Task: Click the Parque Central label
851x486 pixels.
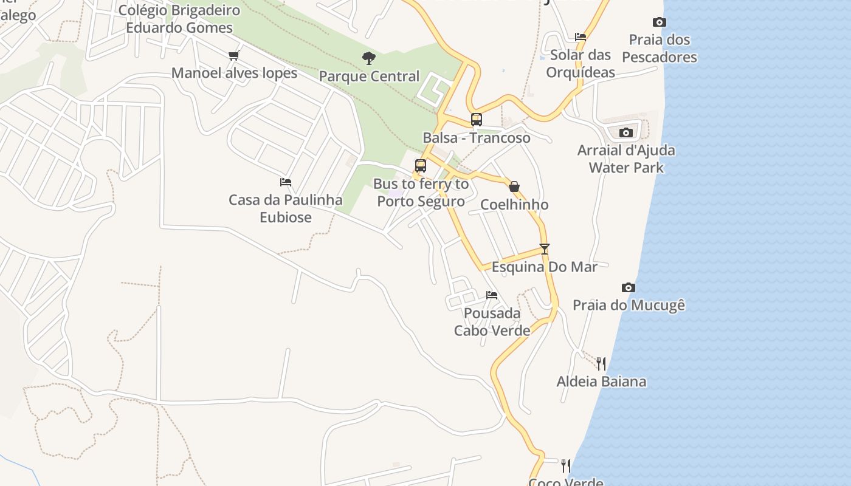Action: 369,77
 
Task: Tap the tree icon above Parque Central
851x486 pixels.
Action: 368,58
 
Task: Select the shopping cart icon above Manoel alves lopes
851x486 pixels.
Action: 234,56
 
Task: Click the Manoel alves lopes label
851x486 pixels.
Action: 234,74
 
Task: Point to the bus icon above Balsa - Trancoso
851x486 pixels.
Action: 477,120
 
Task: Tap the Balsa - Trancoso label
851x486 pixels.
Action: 477,138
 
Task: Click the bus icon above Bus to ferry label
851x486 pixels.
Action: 421,166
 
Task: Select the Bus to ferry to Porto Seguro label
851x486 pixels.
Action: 421,193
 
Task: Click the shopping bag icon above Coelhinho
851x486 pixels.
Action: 514,187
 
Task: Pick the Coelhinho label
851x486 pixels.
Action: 514,205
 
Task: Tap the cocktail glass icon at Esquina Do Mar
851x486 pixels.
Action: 545,249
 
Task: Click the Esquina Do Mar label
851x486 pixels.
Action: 544,267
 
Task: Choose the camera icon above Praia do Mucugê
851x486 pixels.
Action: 629,287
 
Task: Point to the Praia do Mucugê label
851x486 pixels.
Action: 629,305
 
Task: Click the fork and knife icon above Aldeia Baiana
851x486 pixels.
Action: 601,364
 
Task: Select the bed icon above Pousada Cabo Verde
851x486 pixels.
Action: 492,295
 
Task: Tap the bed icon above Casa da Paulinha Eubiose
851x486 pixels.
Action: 286,182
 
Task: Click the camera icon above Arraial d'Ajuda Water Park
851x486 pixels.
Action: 626,132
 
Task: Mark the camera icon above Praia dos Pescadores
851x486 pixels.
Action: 660,22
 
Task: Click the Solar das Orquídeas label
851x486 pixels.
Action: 581,64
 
